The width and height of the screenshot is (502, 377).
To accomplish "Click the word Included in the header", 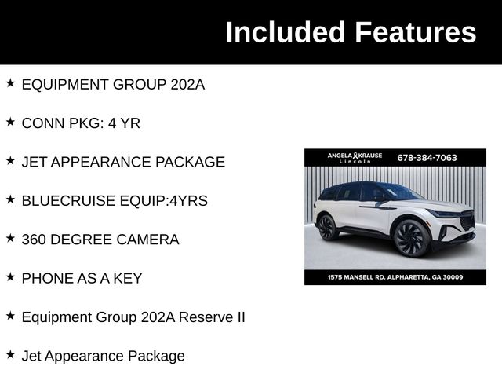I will [x=286, y=32].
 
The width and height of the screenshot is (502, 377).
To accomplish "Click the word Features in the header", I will [x=415, y=32].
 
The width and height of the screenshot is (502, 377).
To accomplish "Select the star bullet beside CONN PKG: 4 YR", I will [x=10, y=122].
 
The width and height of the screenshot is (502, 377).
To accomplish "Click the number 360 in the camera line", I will [x=36, y=240].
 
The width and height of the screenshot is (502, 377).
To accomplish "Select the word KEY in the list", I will [x=128, y=278].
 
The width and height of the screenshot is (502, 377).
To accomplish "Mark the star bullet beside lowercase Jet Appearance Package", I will [x=10, y=354].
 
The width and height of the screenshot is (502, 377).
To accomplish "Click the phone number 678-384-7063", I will [x=427, y=158].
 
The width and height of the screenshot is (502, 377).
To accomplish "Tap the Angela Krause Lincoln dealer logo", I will [x=355, y=158].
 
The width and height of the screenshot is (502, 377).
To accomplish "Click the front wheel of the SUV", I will [x=411, y=238].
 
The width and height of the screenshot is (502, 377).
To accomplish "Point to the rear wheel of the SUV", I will [x=328, y=227].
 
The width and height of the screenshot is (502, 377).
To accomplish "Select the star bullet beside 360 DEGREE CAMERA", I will [x=10, y=238].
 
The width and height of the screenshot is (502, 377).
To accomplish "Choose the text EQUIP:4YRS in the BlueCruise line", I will [x=169, y=200].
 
